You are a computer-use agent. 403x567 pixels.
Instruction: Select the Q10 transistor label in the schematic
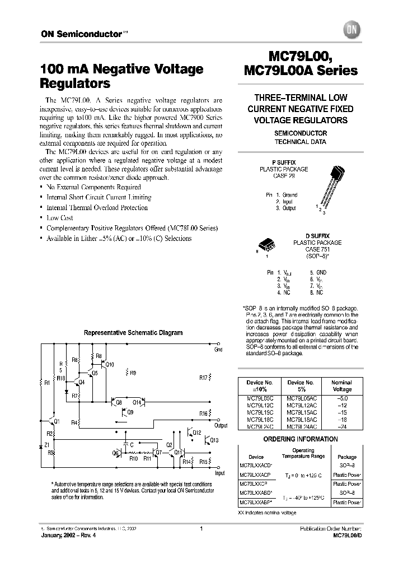point(110,365)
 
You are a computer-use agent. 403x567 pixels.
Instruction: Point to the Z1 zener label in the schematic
point(46,444)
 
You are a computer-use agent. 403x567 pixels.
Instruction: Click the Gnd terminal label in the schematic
point(218,350)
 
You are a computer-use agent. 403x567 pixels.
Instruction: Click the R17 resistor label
point(204,377)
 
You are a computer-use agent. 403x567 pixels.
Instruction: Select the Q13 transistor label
point(214,440)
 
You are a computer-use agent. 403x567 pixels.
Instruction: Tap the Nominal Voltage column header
point(342,385)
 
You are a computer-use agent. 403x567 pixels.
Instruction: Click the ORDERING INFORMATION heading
point(300,439)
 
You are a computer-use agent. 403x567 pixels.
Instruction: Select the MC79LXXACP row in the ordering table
point(256,473)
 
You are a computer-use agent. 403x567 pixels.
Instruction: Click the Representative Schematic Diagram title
point(133,332)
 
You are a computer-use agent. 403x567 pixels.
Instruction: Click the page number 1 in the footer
point(201,528)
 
